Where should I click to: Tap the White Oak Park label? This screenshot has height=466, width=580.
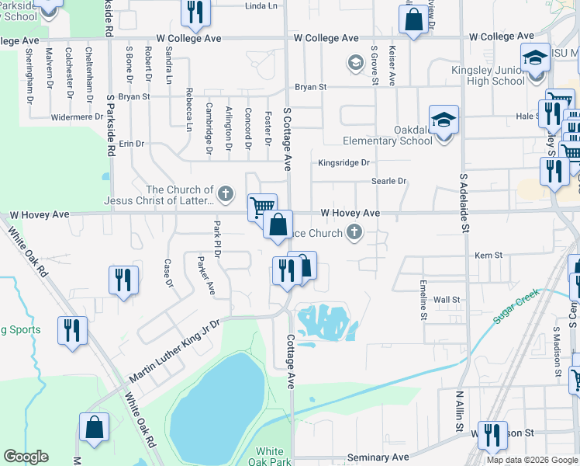pos(270,457)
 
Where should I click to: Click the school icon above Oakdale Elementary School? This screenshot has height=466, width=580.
pos(444,120)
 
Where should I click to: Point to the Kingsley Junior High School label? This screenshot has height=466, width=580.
pos(488,75)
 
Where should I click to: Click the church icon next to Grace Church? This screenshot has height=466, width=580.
pos(354,231)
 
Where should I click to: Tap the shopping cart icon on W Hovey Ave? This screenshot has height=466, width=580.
pos(262,207)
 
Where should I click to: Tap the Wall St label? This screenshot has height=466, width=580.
pos(447,299)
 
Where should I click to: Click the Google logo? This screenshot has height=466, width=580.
pos(26,457)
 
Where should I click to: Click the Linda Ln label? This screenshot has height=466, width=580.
pos(261,5)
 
